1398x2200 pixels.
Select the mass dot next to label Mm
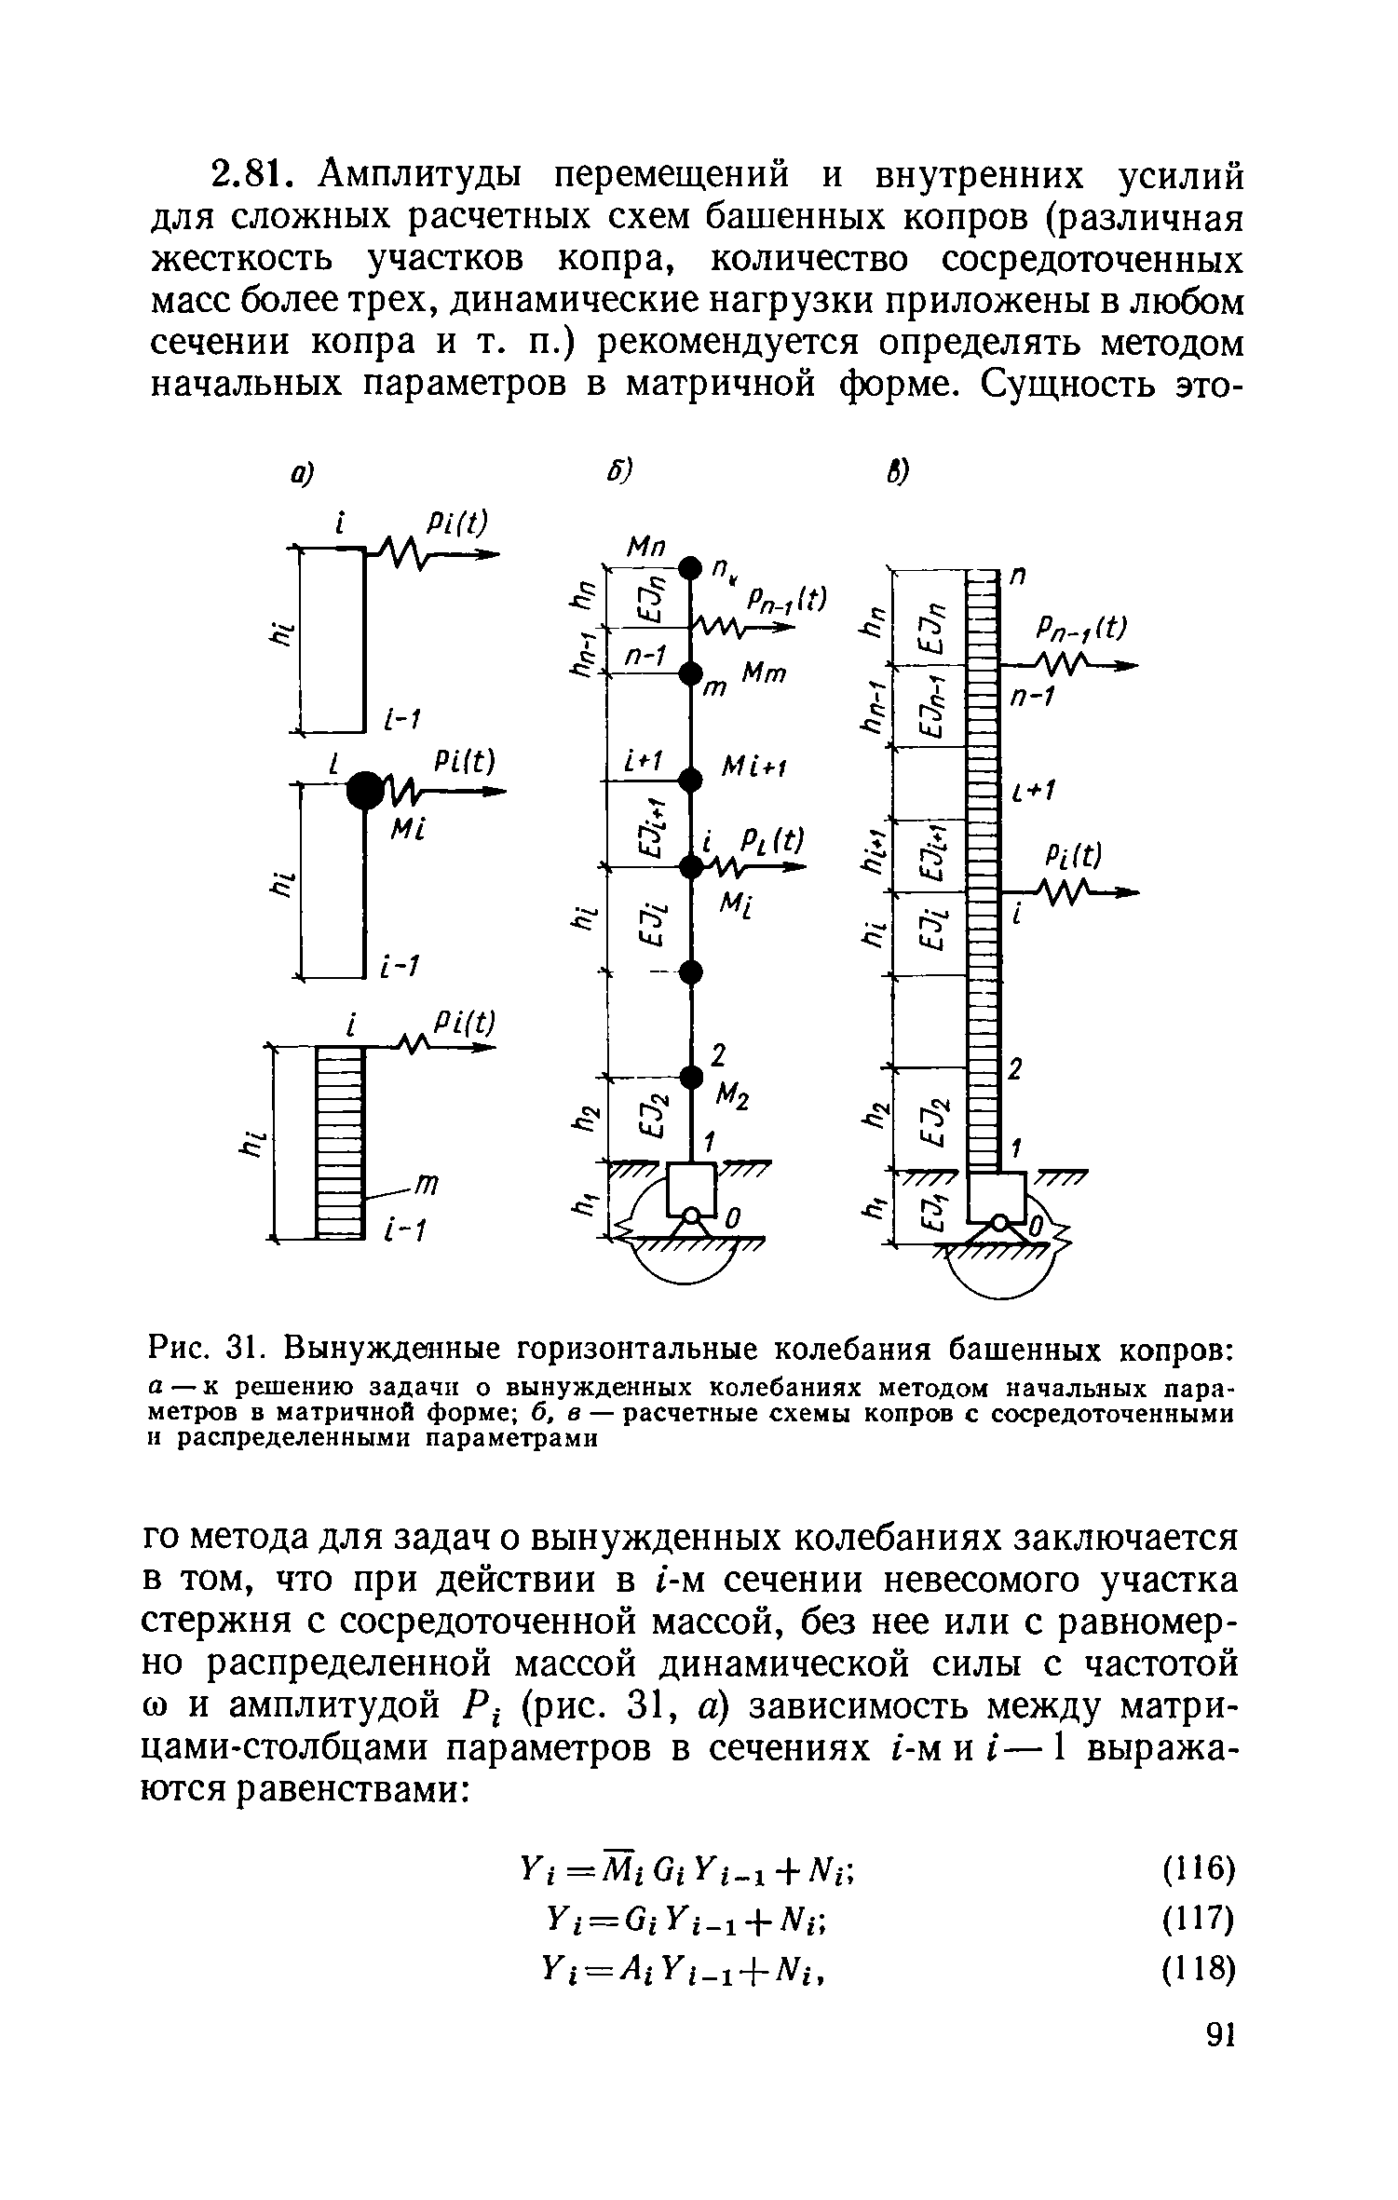(689, 672)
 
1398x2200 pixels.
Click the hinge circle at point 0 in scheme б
(691, 1215)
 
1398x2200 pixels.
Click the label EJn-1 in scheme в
(929, 706)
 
